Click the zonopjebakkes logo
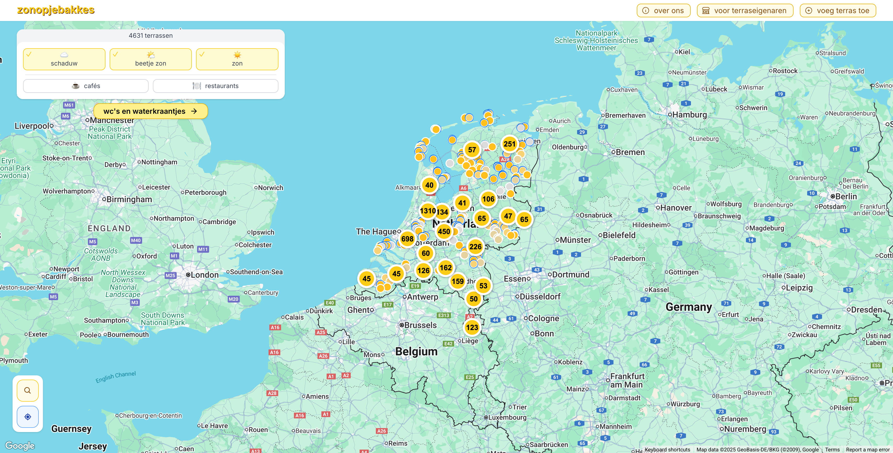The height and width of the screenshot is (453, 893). [x=56, y=10]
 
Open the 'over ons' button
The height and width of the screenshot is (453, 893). [x=663, y=11]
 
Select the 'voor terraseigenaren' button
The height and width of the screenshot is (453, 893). [x=745, y=11]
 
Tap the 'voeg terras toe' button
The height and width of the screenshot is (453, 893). [x=837, y=11]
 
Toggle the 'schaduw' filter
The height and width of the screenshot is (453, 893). [x=64, y=59]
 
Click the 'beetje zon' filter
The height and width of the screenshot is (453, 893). [x=150, y=59]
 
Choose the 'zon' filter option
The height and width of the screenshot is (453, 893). [x=237, y=59]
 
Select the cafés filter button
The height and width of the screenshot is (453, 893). [x=86, y=86]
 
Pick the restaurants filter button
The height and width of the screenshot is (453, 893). [x=215, y=86]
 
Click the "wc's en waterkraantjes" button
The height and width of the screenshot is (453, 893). [x=150, y=111]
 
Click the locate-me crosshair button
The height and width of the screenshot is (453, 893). [x=28, y=417]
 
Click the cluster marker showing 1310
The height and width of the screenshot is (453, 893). [x=427, y=211]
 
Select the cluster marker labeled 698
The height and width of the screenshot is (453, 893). [x=407, y=239]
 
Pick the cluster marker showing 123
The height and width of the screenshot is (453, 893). [x=472, y=327]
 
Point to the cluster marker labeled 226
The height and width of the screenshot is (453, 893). [x=475, y=247]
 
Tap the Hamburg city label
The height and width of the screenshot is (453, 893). [x=689, y=115]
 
